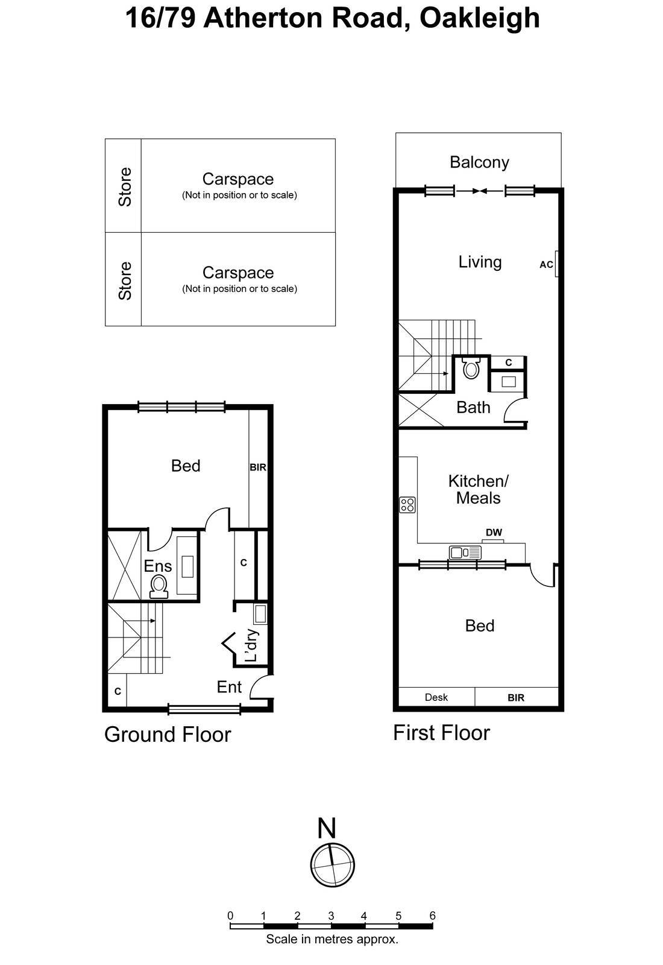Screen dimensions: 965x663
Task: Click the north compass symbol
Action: tap(332, 864)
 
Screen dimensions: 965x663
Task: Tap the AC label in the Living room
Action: tap(546, 265)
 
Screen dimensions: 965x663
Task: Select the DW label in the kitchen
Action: tap(494, 533)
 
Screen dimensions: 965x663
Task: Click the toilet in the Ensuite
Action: tap(159, 585)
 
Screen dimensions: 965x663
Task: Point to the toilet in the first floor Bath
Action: tap(471, 368)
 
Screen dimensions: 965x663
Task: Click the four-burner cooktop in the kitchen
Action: tap(407, 504)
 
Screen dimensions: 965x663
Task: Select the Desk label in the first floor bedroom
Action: tap(436, 697)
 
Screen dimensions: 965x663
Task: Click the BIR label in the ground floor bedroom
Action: tap(258, 467)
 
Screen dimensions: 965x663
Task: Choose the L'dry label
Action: tap(251, 645)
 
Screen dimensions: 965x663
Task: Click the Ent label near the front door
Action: tap(229, 687)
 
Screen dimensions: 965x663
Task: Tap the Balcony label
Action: tap(479, 162)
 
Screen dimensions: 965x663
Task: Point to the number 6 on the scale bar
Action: tap(432, 916)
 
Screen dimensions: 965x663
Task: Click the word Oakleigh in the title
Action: tap(479, 18)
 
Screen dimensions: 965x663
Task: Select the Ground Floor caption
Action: tap(168, 735)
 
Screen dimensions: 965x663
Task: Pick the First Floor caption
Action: tap(441, 733)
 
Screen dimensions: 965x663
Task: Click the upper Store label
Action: tap(125, 186)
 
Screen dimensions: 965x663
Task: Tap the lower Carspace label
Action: tap(238, 273)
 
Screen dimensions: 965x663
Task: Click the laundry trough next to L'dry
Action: tap(260, 614)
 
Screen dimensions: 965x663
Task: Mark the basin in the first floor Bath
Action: tap(507, 381)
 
